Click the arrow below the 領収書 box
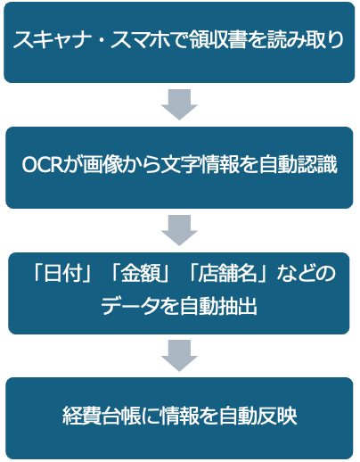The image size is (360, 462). point(179,104)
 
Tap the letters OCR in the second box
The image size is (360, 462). point(42,164)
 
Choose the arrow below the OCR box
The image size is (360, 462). point(179,230)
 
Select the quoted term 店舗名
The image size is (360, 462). point(227,273)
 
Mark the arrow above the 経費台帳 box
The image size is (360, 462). point(179,356)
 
